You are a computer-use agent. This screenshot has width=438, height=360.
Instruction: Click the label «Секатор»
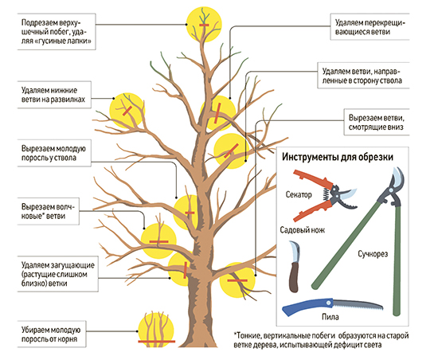pyautogui.click(x=299, y=194)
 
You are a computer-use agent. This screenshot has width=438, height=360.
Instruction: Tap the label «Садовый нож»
pyautogui.click(x=303, y=230)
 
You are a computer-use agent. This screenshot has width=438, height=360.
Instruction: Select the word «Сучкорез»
pyautogui.click(x=373, y=254)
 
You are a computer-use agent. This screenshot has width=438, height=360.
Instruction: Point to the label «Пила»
pyautogui.click(x=330, y=317)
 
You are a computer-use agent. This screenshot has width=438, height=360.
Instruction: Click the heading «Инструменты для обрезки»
pyautogui.click(x=338, y=157)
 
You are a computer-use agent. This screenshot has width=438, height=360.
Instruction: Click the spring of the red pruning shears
pyautogui.click(x=326, y=194)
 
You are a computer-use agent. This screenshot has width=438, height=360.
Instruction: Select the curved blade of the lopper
pyautogui.click(x=398, y=177)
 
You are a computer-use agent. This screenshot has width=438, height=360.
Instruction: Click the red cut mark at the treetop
pyautogui.click(x=204, y=25)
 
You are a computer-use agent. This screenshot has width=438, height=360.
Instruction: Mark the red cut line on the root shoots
pyautogui.click(x=156, y=342)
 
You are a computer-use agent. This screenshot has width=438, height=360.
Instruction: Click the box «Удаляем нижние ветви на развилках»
pyautogui.click(x=54, y=95)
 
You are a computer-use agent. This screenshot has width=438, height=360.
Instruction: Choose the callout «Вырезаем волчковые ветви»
pyautogui.click(x=48, y=211)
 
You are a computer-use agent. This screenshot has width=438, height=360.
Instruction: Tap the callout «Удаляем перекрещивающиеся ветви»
pyautogui.click(x=370, y=27)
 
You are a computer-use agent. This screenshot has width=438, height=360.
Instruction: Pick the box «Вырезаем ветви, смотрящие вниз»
pyautogui.click(x=377, y=123)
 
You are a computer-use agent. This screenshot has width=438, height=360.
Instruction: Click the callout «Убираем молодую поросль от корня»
pyautogui.click(x=52, y=335)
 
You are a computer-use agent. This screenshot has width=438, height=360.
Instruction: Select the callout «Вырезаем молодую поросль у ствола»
pyautogui.click(x=54, y=153)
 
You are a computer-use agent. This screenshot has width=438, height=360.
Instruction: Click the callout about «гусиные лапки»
pyautogui.click(x=57, y=32)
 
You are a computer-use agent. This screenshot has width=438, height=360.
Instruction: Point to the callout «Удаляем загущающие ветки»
pyautogui.click(x=58, y=274)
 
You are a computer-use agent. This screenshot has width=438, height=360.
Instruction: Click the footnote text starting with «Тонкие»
pyautogui.click(x=321, y=340)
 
